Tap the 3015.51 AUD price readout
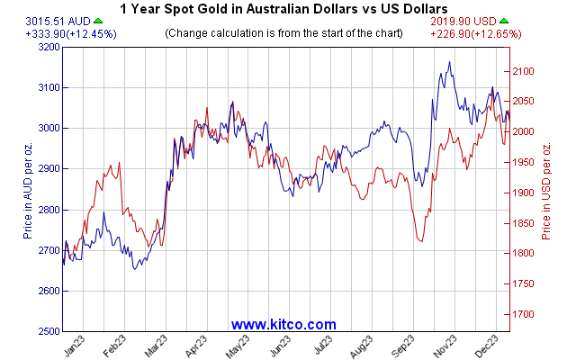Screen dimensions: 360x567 click(32, 21)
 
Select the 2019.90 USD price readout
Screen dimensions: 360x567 click(468, 21)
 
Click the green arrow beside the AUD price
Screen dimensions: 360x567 click(72, 21)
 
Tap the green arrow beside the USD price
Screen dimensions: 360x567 click(506, 21)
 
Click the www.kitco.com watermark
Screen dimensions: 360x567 click(283, 324)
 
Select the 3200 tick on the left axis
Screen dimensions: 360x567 click(47, 47)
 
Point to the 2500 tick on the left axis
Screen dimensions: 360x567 click(47, 332)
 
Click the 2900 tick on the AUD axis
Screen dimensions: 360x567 click(47, 169)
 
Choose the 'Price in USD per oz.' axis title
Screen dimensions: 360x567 click(546, 189)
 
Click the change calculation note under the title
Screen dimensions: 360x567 click(283, 33)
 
